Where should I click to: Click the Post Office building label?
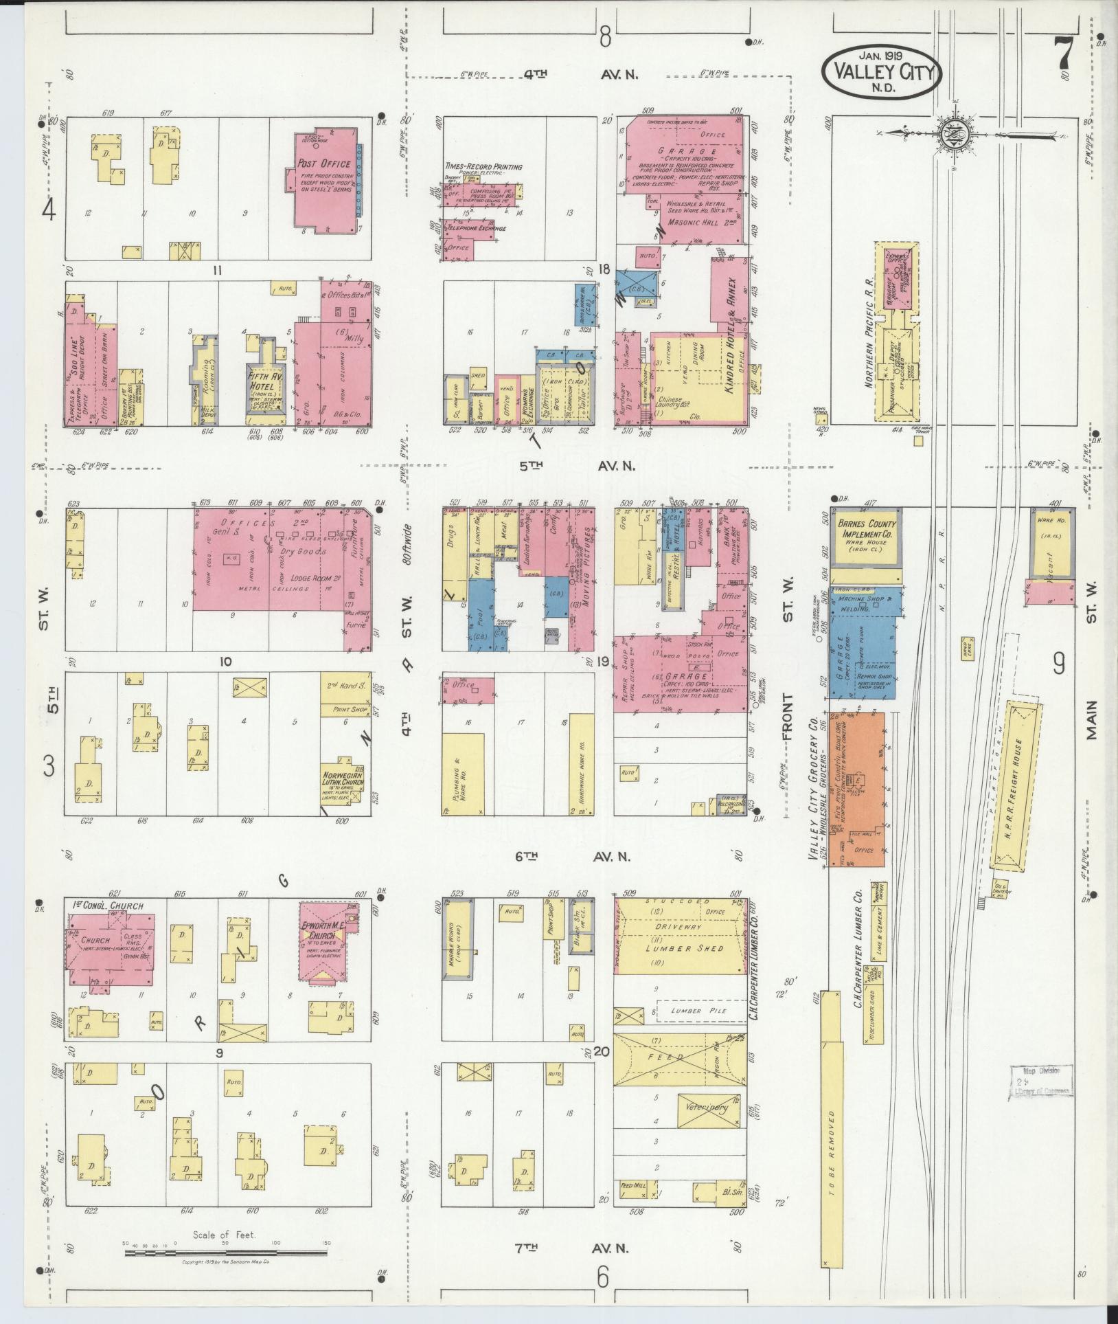pos(323,164)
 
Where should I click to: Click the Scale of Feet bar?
pos(225,1253)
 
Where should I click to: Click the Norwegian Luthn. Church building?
pos(345,781)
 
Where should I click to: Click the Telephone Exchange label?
pos(477,228)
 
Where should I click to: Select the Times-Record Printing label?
pos(483,167)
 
